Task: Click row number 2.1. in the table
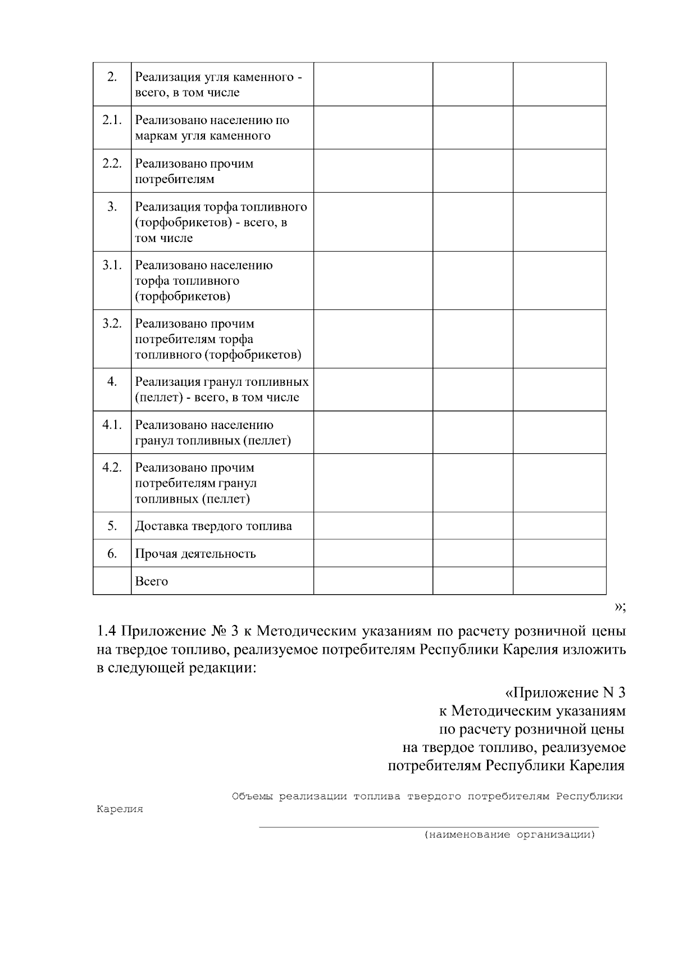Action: point(112,120)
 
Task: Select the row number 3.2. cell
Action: point(112,324)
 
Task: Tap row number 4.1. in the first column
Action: point(112,425)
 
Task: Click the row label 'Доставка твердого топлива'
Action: point(213,526)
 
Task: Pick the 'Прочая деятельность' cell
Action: point(195,554)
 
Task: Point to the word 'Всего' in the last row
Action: point(152,581)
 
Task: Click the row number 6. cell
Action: point(112,554)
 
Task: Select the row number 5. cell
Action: point(112,526)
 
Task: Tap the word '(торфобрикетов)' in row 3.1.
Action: point(183,297)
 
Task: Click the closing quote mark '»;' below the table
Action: point(619,607)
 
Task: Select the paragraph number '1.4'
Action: point(106,631)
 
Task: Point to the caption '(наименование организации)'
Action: point(509,835)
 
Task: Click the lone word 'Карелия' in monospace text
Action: point(120,810)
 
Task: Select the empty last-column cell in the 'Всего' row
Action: point(559,581)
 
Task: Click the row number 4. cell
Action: point(112,382)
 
